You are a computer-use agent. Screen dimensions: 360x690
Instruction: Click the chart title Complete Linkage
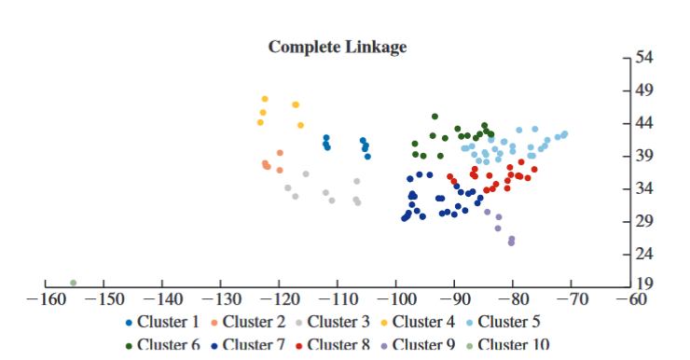click(x=338, y=47)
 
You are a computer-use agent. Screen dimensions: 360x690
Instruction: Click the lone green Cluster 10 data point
click(x=73, y=283)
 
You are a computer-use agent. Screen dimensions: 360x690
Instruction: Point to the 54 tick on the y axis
click(x=643, y=58)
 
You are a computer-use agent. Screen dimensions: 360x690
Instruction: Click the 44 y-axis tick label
click(x=643, y=123)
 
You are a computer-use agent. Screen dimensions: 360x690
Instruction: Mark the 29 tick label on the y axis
click(x=643, y=221)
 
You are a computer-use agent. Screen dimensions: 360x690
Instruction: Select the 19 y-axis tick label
click(x=643, y=284)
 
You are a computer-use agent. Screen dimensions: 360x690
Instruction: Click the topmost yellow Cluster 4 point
click(x=265, y=99)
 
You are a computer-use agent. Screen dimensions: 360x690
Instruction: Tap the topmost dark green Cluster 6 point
click(x=435, y=117)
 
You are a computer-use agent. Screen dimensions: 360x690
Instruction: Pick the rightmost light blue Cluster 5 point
click(x=565, y=133)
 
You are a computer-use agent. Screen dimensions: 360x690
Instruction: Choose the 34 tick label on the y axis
click(x=643, y=188)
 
